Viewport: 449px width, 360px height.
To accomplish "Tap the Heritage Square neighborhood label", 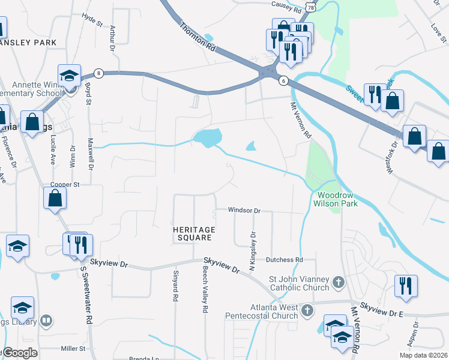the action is point(192,233).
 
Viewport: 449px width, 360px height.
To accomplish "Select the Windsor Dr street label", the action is point(243,211).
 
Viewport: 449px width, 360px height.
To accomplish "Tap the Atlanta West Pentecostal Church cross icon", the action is point(307,310).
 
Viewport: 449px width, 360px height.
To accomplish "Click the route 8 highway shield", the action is point(99,73).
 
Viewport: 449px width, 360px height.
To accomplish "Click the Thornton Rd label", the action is point(196,37).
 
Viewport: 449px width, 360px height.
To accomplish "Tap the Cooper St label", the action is point(65,184).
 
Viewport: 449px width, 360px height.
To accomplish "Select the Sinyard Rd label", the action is point(175,289).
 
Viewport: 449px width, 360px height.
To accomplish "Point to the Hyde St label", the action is point(93,20).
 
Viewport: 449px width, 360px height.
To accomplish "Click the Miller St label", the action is point(73,348).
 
